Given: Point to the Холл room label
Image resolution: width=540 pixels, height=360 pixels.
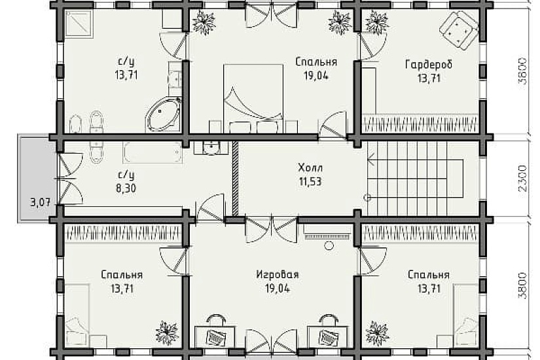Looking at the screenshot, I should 308,167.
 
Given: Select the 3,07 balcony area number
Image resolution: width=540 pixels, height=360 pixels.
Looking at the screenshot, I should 39,202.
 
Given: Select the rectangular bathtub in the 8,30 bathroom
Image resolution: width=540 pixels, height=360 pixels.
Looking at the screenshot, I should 153,153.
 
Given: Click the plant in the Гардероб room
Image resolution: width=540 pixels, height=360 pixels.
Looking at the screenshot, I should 376,23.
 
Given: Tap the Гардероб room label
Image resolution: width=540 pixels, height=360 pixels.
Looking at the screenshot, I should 429,65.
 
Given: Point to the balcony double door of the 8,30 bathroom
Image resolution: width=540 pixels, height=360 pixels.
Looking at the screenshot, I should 68,177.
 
